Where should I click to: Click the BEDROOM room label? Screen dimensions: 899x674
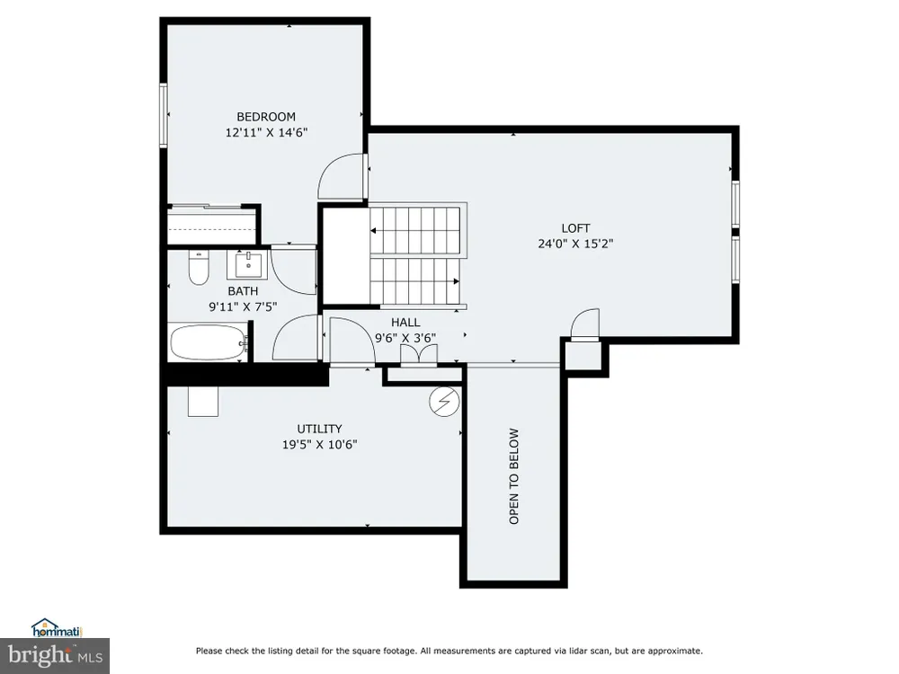point(266,117)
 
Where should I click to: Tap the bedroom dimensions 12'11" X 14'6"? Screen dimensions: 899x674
point(266,132)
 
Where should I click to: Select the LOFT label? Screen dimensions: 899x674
point(575,228)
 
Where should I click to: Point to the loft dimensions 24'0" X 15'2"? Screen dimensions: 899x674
point(575,244)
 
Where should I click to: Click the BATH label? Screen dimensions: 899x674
point(243,291)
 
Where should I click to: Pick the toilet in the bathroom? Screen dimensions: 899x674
point(199,268)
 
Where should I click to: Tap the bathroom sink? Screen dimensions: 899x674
point(248,265)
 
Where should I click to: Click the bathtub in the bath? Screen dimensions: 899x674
point(209,343)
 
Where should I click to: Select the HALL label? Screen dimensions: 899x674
point(405,323)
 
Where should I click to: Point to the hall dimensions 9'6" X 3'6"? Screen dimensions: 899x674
point(405,338)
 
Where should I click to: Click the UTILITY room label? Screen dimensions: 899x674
point(319,429)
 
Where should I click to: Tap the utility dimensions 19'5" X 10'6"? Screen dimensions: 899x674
point(319,444)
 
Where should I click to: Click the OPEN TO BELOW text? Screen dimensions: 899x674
point(513,475)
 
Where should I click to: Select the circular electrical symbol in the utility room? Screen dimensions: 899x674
point(444,402)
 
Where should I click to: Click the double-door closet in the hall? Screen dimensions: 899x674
point(419,354)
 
